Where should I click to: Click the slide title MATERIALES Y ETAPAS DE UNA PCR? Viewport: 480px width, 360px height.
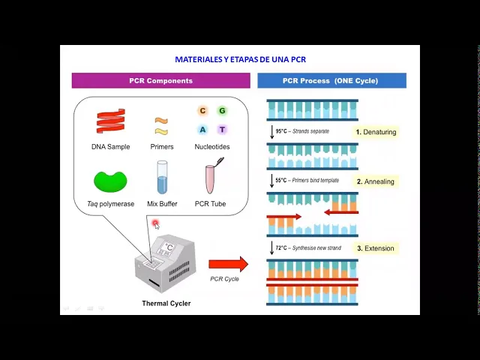click(x=240, y=59)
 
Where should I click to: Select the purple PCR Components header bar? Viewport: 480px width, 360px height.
click(x=160, y=80)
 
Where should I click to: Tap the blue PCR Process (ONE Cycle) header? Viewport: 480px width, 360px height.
click(x=331, y=80)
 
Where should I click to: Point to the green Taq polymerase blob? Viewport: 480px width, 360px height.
click(x=110, y=181)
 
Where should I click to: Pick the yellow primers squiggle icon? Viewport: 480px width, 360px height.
click(x=161, y=125)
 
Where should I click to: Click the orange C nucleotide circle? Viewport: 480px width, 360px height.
click(x=202, y=111)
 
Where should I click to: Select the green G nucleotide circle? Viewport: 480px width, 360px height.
click(x=222, y=111)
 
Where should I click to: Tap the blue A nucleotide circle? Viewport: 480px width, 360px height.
click(x=202, y=129)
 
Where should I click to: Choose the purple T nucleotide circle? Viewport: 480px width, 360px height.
click(x=222, y=129)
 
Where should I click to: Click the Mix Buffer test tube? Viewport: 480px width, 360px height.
click(x=162, y=178)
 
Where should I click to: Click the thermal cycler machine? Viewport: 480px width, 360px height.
click(x=166, y=262)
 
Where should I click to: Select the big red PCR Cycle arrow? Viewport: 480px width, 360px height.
click(x=228, y=264)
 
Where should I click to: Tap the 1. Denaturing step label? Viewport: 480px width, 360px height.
click(x=376, y=132)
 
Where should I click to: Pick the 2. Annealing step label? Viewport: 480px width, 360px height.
click(x=375, y=181)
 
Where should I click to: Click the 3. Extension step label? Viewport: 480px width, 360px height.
click(x=375, y=248)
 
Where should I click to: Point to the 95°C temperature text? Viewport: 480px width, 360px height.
click(x=282, y=131)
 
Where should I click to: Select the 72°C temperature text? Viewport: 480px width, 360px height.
click(x=282, y=247)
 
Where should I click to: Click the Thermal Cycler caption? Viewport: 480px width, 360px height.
click(x=166, y=304)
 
